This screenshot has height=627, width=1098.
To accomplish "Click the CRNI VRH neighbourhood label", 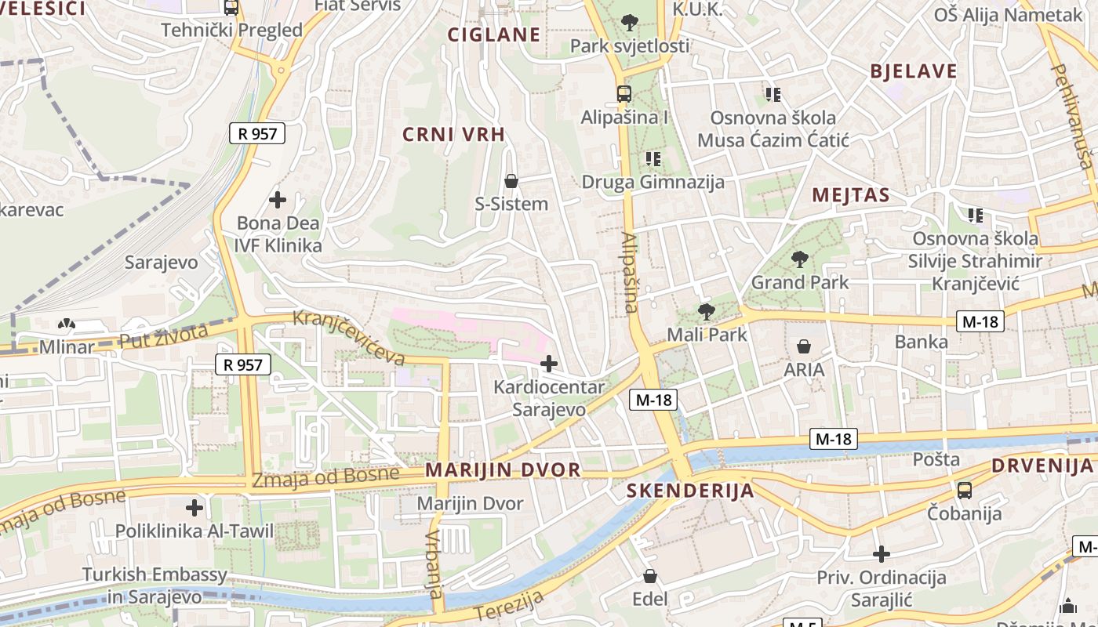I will coord(453,134).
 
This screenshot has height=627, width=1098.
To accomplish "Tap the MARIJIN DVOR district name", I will coord(503,470).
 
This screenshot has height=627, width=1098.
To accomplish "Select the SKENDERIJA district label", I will coord(690,491).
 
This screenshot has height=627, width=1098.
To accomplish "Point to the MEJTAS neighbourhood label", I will coord(851,195).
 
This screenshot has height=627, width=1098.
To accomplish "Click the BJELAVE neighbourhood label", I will coord(914,71).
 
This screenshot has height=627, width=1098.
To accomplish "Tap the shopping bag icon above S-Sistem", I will coord(511,182).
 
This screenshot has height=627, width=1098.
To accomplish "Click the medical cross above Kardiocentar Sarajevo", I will coord(549,364).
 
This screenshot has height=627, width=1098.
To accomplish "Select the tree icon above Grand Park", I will coord(800,259).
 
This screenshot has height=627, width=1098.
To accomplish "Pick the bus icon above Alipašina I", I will coord(624,94).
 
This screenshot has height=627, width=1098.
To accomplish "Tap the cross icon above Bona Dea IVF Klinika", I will coord(278,200).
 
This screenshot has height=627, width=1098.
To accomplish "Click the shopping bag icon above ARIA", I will coord(804,346).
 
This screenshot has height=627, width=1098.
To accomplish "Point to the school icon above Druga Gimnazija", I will coord(653,159).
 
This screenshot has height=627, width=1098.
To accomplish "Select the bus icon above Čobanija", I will coord(965,491).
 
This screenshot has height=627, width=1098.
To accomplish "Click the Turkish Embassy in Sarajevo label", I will coord(155,585).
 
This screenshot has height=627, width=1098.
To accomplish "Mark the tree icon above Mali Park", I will coord(707,312).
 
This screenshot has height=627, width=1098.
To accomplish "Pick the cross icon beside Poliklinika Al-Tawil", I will coord(195,508).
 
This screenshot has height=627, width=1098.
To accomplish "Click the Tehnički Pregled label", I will coord(231,31).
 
